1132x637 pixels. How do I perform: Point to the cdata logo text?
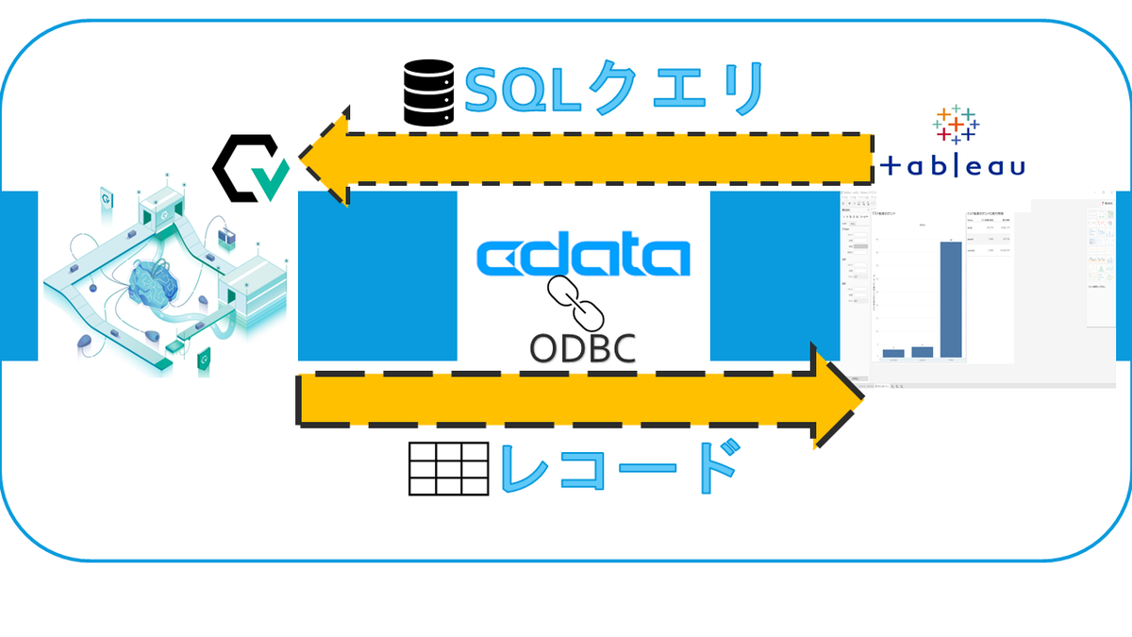pyautogui.click(x=583, y=257)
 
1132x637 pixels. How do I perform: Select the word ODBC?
pyautogui.click(x=582, y=348)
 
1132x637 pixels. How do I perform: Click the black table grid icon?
pyautogui.click(x=448, y=468)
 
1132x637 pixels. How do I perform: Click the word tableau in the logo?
pyautogui.click(x=953, y=167)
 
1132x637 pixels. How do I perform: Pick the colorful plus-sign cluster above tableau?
pyautogui.click(x=956, y=124)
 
